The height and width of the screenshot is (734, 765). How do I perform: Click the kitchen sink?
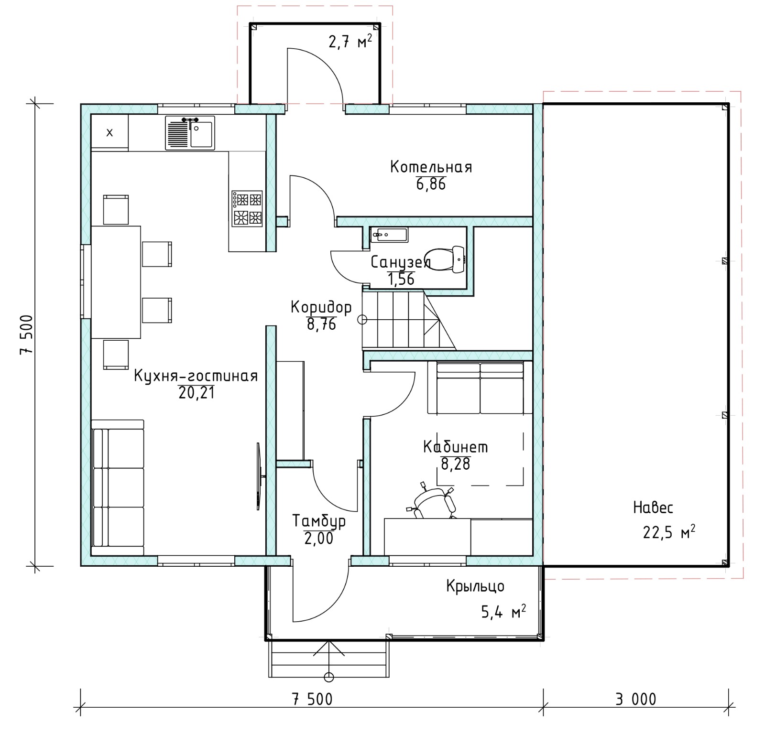pos(190,133)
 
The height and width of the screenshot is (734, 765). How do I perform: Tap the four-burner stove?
pos(247,209)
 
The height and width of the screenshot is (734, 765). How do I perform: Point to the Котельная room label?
pos(431,167)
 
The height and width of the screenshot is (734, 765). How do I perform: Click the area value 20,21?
pos(197,393)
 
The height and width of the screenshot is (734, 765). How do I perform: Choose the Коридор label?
pos(321,307)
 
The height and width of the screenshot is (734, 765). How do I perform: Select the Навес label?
pos(653,507)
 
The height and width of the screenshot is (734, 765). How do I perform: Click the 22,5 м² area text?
pos(669,532)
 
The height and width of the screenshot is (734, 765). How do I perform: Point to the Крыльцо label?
pos(475,586)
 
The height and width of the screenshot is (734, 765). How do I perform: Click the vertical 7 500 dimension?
pos(26,335)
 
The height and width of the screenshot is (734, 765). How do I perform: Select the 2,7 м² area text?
pos(350,42)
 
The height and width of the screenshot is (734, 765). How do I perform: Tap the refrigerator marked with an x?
pos(109,132)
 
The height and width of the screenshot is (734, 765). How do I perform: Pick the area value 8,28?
pos(456,464)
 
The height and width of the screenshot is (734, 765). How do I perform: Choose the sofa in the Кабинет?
pos(480,388)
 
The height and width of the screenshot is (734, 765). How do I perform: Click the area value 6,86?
pos(431,184)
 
